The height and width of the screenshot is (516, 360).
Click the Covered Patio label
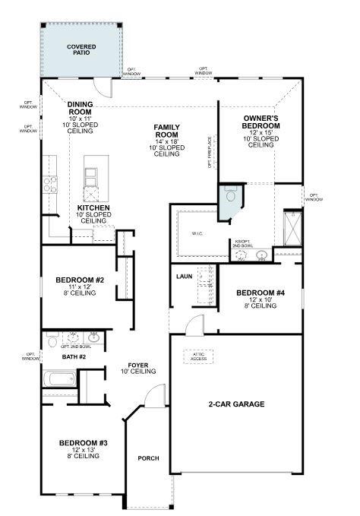[x=81, y=51]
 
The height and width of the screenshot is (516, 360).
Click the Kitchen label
[x=93, y=207]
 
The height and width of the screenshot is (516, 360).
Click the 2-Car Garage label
[x=236, y=404]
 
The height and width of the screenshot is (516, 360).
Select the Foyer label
[x=138, y=366]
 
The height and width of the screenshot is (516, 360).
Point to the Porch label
[x=148, y=458]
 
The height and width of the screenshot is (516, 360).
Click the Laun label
[x=185, y=277]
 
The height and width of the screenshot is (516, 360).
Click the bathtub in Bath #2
[x=58, y=380]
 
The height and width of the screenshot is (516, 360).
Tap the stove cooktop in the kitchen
[x=51, y=182]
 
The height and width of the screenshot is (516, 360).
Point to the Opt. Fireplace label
[x=210, y=151]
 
